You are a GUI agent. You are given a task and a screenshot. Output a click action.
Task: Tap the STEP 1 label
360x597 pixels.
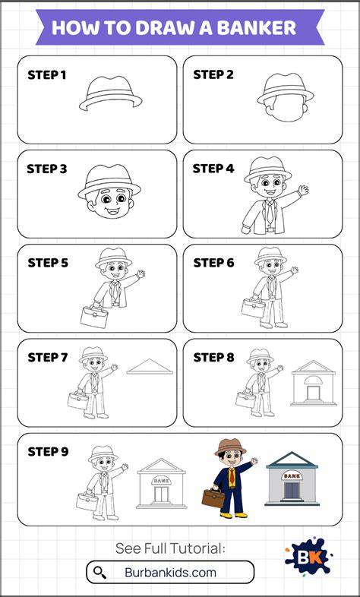47,75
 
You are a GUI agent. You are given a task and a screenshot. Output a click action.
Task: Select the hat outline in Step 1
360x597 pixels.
110,93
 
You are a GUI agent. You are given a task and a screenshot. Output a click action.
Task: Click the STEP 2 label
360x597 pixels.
213,75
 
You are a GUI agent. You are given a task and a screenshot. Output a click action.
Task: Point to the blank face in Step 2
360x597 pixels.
286,109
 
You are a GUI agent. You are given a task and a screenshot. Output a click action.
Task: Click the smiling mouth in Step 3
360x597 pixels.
113,210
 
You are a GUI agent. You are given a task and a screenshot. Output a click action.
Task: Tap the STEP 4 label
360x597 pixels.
213,169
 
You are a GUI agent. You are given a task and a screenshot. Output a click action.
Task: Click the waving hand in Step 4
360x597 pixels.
303,190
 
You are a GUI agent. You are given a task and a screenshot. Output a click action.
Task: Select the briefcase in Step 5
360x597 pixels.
94,317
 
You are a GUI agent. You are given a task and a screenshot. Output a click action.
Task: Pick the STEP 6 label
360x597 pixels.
213,263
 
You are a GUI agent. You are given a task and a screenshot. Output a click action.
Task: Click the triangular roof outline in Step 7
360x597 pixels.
150,367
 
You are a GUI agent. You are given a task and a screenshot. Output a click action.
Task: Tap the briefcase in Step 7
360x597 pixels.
78,400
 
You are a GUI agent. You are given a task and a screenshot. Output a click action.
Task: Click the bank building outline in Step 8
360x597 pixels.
314,383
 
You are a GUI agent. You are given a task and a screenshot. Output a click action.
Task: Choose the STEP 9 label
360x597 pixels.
48,452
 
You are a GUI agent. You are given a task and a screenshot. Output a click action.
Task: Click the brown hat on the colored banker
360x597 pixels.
230,447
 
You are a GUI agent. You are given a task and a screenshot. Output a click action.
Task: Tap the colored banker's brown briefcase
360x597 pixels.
213,497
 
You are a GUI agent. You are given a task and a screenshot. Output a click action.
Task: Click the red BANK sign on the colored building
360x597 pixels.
292,475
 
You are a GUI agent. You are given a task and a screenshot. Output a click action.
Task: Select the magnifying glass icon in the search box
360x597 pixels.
99,573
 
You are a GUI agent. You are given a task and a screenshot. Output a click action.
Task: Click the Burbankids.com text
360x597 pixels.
170,573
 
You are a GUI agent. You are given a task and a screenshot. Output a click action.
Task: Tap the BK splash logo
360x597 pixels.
308,557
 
